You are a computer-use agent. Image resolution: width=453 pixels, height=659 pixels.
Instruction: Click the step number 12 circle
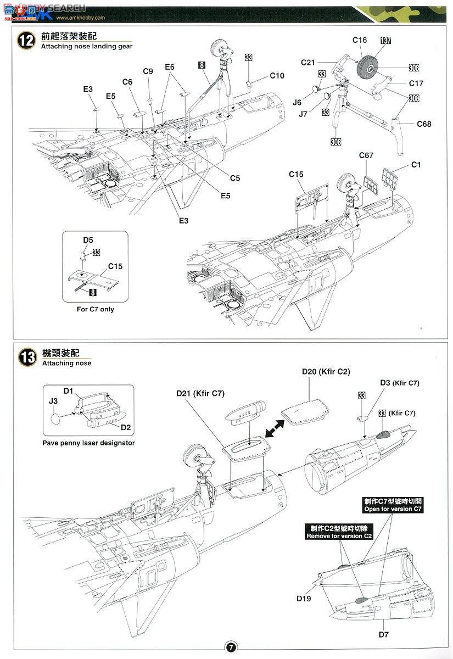point(26,41)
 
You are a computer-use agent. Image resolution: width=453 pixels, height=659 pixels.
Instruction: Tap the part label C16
point(360,40)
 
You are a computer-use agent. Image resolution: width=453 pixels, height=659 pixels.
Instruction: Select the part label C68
point(423,124)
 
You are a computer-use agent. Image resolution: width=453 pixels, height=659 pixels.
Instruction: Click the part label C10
point(277,76)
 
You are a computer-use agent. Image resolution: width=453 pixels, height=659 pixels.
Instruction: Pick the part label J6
point(297,102)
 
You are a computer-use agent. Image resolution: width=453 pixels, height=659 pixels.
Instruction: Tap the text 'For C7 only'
point(96,309)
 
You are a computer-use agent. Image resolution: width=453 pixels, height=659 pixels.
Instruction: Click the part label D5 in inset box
point(88,240)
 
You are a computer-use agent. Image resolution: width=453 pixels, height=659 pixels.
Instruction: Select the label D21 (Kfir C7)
point(200,393)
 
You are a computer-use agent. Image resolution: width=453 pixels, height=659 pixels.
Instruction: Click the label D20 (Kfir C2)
point(326,372)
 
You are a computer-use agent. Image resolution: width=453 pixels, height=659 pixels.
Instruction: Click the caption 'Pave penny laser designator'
point(88,443)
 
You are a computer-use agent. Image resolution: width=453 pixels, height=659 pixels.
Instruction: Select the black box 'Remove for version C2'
point(339,532)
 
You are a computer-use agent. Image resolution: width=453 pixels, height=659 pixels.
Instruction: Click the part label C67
point(366,155)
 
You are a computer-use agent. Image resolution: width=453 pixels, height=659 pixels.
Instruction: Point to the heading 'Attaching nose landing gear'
point(87,47)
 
